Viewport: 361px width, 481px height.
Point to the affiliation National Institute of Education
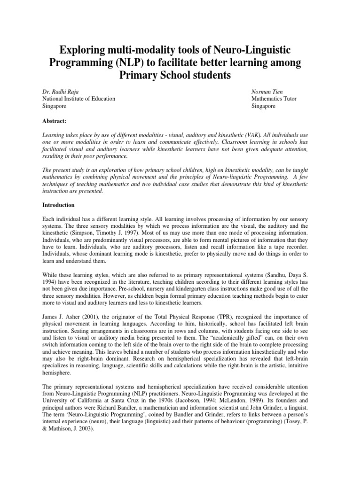click(x=79, y=99)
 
